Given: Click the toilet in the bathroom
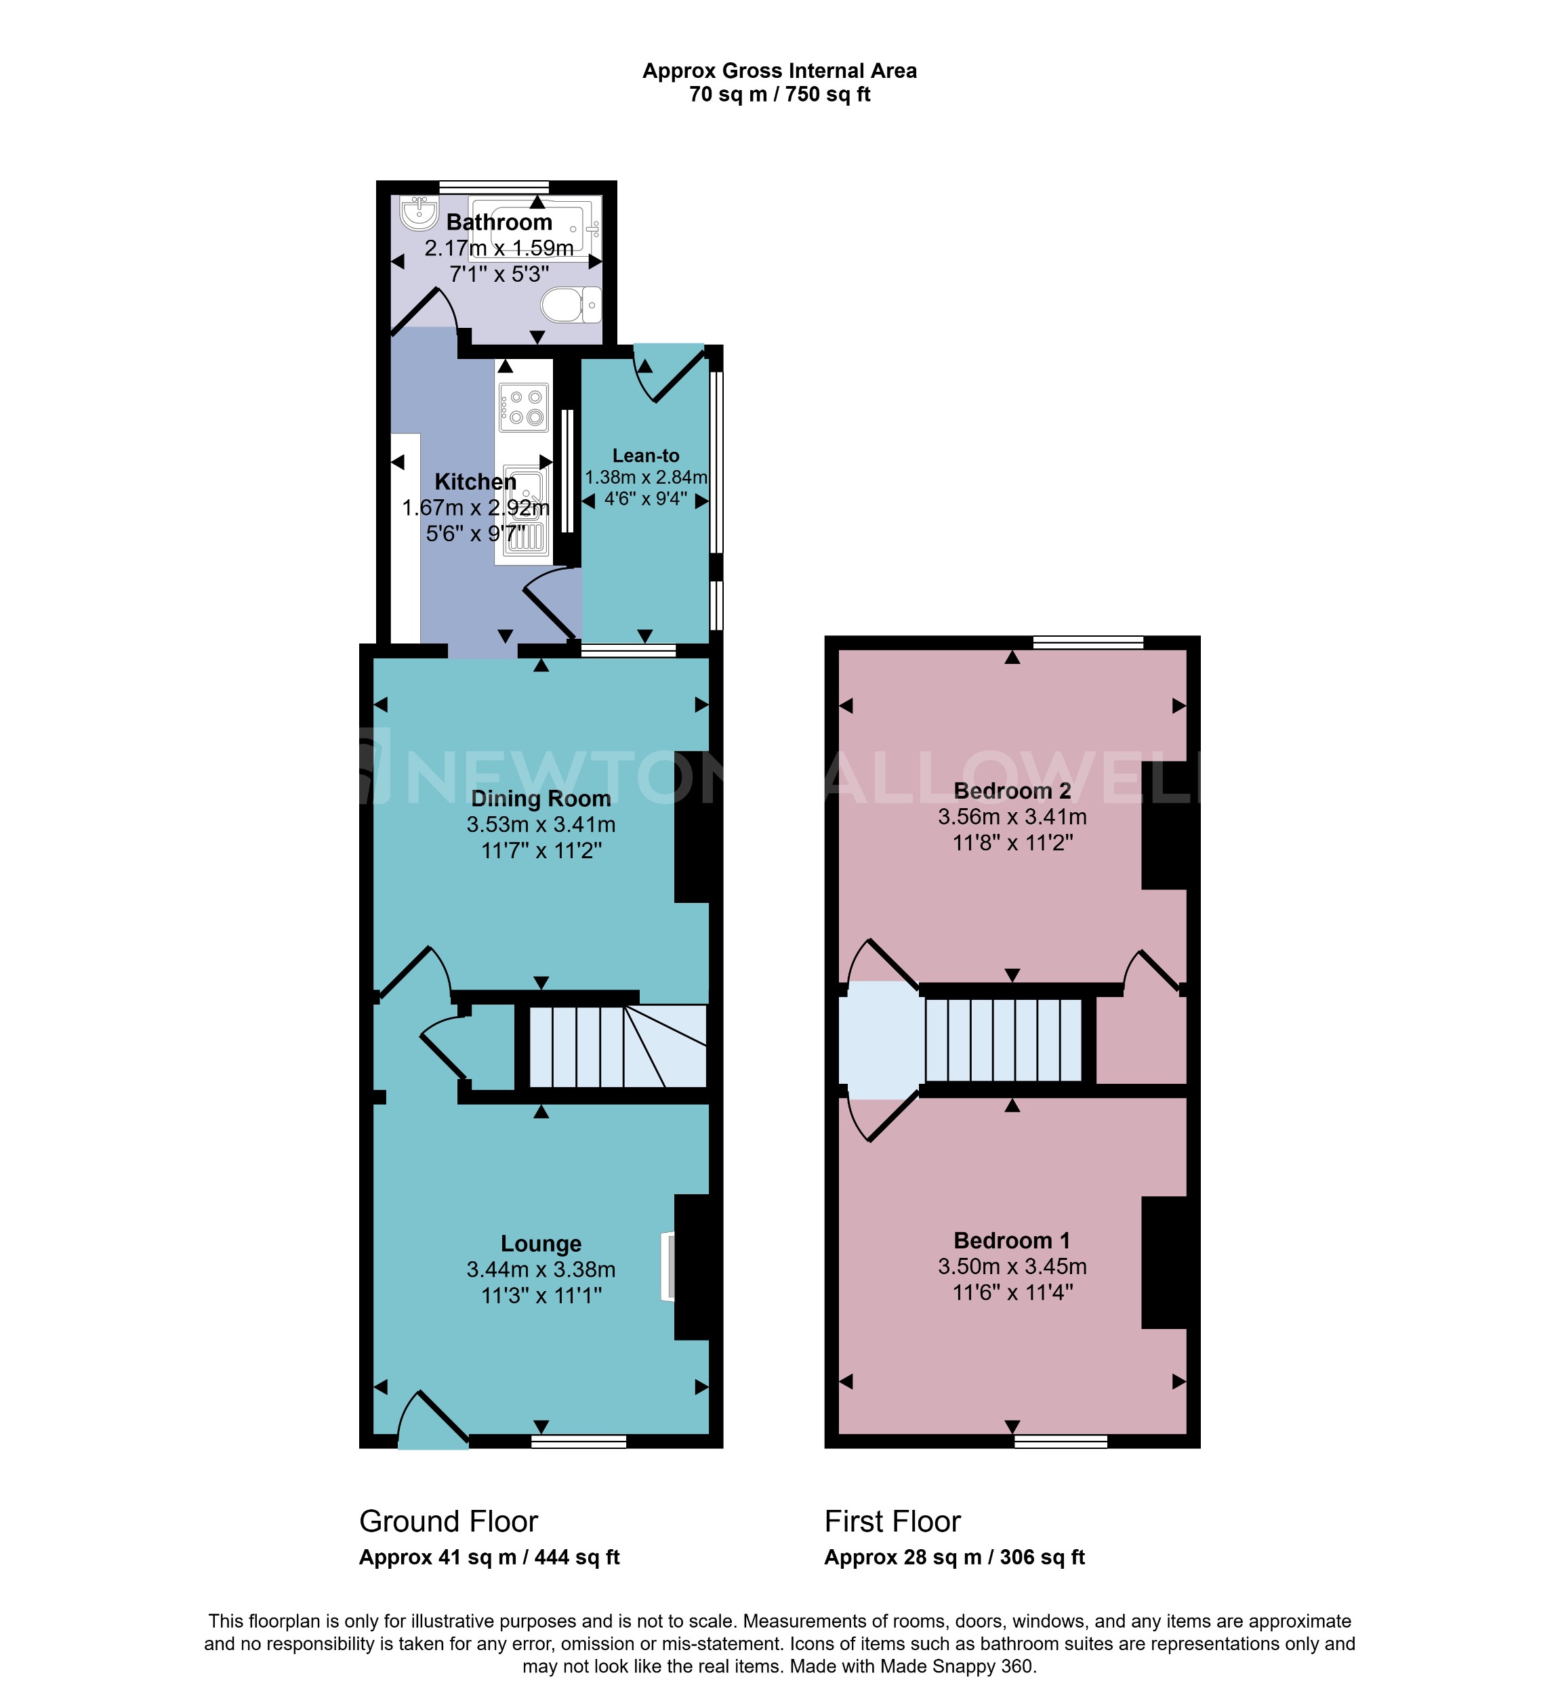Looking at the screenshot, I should pos(570,305).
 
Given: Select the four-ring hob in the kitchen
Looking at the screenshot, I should pos(523,407).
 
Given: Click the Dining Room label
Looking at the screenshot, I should pos(540,799).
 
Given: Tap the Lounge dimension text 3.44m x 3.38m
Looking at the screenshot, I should pos(540,1269).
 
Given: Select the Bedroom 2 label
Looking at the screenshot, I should pos(1012,791).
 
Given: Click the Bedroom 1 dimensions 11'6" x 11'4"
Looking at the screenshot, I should pos(1012,1292).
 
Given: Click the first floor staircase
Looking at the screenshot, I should pos(1004,1040).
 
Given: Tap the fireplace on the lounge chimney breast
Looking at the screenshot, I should pos(668,1266).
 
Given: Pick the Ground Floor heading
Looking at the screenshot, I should pos(448,1521).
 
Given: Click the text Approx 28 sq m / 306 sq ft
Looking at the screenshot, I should pos(953,1557).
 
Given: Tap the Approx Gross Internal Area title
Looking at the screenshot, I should pos(779,71).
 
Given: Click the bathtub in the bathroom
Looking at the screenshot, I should pos(535,228).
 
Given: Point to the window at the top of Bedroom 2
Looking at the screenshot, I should pos(1088,643).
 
